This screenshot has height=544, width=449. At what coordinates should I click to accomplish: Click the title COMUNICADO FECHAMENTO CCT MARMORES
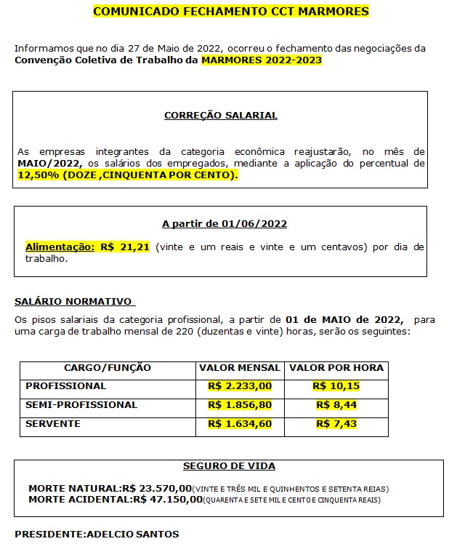click(x=231, y=12)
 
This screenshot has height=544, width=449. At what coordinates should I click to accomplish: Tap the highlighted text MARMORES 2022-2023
click(x=262, y=60)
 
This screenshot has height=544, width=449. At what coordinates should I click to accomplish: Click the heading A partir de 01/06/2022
click(x=219, y=223)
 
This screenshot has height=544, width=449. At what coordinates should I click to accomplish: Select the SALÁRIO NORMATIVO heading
click(x=73, y=300)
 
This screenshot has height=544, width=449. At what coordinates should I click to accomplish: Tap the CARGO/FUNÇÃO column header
click(x=108, y=367)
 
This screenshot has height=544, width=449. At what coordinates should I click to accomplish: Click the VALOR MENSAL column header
click(x=240, y=367)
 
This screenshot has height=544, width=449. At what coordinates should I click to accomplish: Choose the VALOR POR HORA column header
click(x=336, y=367)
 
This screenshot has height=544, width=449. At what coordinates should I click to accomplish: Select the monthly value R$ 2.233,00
click(x=240, y=385)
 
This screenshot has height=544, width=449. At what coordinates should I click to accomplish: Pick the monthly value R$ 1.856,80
click(x=240, y=404)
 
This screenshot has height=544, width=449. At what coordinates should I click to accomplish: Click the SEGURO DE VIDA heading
click(x=230, y=465)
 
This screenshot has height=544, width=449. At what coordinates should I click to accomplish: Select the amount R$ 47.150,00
click(x=166, y=499)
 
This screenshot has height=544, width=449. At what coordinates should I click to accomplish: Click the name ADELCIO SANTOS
click(x=132, y=534)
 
